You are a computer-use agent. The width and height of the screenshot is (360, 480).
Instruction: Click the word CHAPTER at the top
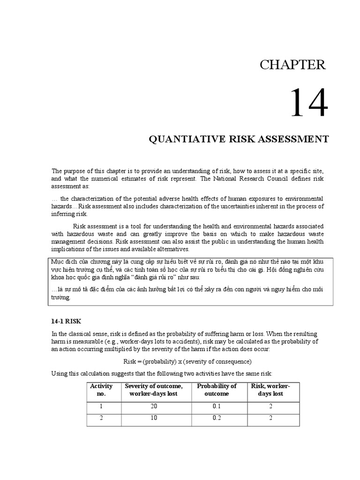pos(292,65)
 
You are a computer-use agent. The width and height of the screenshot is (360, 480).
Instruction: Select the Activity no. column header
pos(101,390)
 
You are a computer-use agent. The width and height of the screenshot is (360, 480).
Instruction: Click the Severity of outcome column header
pos(153,390)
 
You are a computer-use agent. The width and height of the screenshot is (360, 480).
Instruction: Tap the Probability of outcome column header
pos(217,390)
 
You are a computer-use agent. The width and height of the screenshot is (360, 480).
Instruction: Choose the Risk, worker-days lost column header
pos(270,390)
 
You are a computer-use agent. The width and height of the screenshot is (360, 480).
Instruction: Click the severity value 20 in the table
pos(153,406)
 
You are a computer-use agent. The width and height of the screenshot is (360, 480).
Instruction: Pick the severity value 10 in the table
pos(153,418)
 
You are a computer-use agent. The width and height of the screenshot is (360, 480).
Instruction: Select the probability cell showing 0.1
pos(217,406)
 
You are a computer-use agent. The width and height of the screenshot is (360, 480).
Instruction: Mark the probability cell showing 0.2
pos(217,418)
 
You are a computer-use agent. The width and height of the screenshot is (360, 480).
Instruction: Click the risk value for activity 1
pos(270,406)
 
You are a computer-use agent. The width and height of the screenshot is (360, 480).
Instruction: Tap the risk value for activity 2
pos(270,418)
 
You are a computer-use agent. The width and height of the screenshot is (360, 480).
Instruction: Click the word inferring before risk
pos(63,213)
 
